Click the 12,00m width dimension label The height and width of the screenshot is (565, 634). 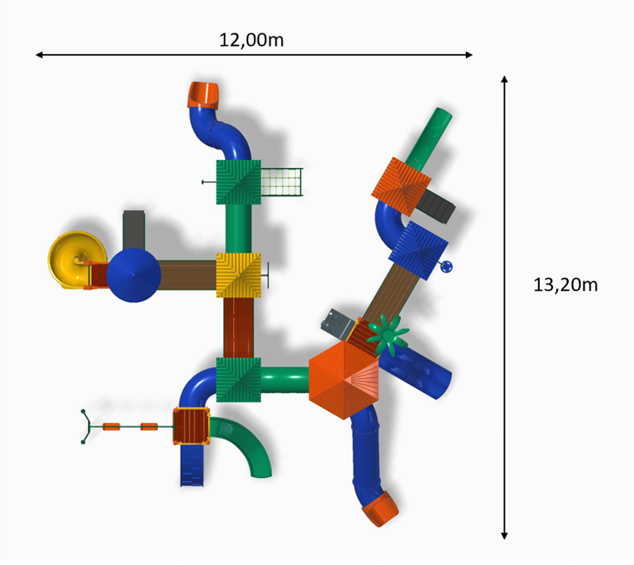coord(251,40)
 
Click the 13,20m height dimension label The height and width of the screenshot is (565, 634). coord(565,285)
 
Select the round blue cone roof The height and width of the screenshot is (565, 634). coord(134,275)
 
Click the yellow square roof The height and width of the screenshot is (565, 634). coord(239,276)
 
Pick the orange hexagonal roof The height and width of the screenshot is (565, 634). coord(344,380)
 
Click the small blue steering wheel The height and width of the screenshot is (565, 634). coord(447,267)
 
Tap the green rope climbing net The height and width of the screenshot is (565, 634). coord(282,182)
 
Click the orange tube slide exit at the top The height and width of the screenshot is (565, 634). coord(203,95)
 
